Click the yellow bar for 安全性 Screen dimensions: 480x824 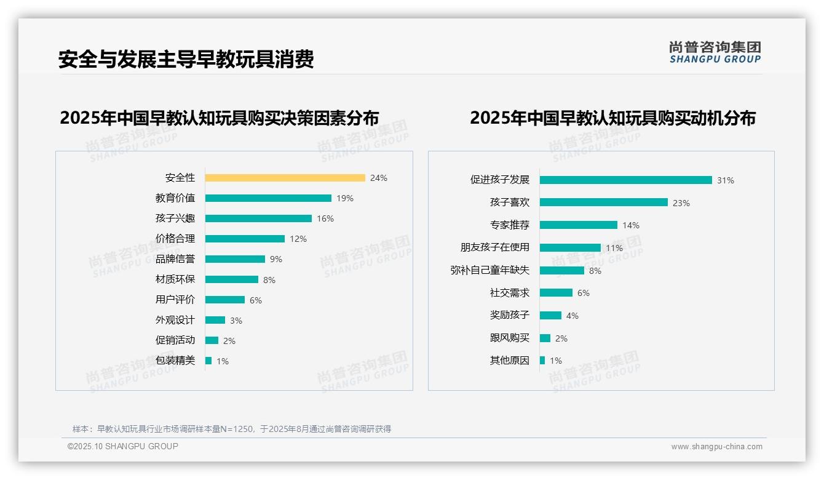(x=285, y=178)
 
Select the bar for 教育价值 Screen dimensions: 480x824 (x=268, y=198)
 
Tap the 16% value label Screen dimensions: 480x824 (x=325, y=218)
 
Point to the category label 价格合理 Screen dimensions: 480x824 (x=175, y=239)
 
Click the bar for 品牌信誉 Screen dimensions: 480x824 (x=235, y=259)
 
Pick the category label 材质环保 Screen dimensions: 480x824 (x=175, y=279)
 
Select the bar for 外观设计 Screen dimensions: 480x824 (x=215, y=320)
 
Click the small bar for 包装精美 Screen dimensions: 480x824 (x=208, y=361)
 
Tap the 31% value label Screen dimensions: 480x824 (x=726, y=180)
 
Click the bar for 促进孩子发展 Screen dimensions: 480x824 (x=625, y=180)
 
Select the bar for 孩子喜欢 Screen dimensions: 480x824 (x=603, y=202)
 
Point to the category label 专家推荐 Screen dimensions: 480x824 (x=510, y=225)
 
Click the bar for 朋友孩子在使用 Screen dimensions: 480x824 (x=570, y=247)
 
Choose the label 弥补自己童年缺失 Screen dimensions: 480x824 (x=490, y=270)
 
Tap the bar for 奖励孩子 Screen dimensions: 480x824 (x=550, y=315)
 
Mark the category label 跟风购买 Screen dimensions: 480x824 (x=510, y=338)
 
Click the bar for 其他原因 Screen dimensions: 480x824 (x=542, y=361)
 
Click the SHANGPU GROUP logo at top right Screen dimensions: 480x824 (x=715, y=52)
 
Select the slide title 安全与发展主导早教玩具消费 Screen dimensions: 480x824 (x=186, y=59)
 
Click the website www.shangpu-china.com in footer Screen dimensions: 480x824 (x=716, y=447)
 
